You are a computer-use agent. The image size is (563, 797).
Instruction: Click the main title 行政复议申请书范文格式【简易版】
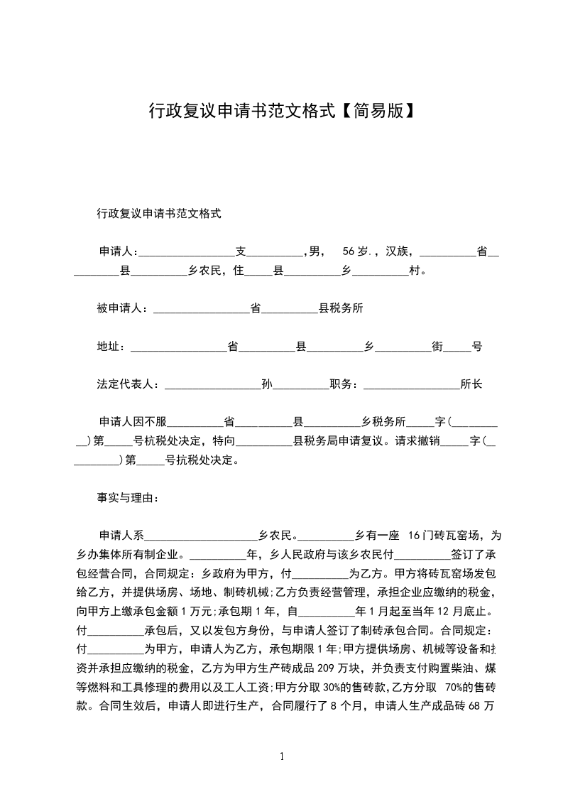click(x=281, y=110)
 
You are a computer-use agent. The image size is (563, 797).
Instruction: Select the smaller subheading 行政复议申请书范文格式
click(x=159, y=213)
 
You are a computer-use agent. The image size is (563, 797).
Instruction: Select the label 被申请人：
click(x=122, y=309)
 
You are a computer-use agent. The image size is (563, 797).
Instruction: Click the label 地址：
click(x=111, y=347)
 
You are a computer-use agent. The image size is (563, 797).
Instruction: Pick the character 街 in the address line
click(x=438, y=347)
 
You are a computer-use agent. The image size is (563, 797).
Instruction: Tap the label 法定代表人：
click(x=130, y=385)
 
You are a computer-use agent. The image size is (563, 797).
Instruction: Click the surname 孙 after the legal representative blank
click(x=267, y=385)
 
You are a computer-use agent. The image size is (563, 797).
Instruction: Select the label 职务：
click(x=346, y=385)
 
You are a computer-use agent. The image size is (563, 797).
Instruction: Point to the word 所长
click(x=471, y=385)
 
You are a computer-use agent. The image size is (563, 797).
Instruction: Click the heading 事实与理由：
click(x=128, y=499)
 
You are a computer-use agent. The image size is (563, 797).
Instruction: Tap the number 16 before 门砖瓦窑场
click(x=415, y=535)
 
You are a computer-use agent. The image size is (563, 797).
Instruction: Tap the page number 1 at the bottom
click(x=282, y=757)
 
